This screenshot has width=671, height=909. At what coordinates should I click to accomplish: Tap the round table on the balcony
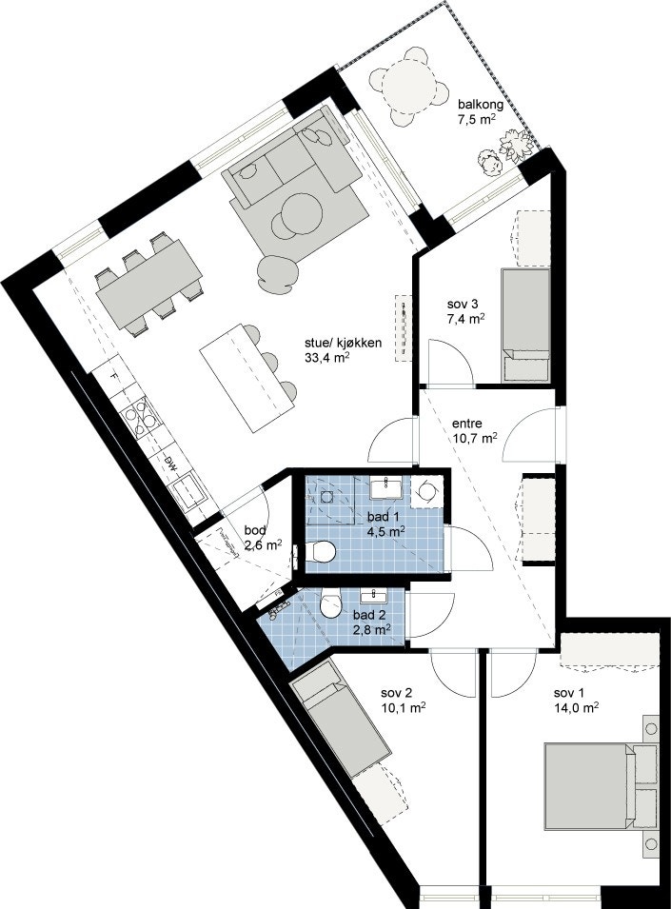click(408, 87)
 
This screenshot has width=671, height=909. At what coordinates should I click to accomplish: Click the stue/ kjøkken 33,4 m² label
click(337, 351)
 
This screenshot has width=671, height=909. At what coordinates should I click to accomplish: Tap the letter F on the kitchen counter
click(113, 378)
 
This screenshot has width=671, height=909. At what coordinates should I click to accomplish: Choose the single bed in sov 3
click(525, 325)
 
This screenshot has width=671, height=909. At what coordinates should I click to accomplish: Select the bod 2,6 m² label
click(261, 538)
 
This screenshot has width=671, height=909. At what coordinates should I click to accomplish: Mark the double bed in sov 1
click(596, 781)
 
